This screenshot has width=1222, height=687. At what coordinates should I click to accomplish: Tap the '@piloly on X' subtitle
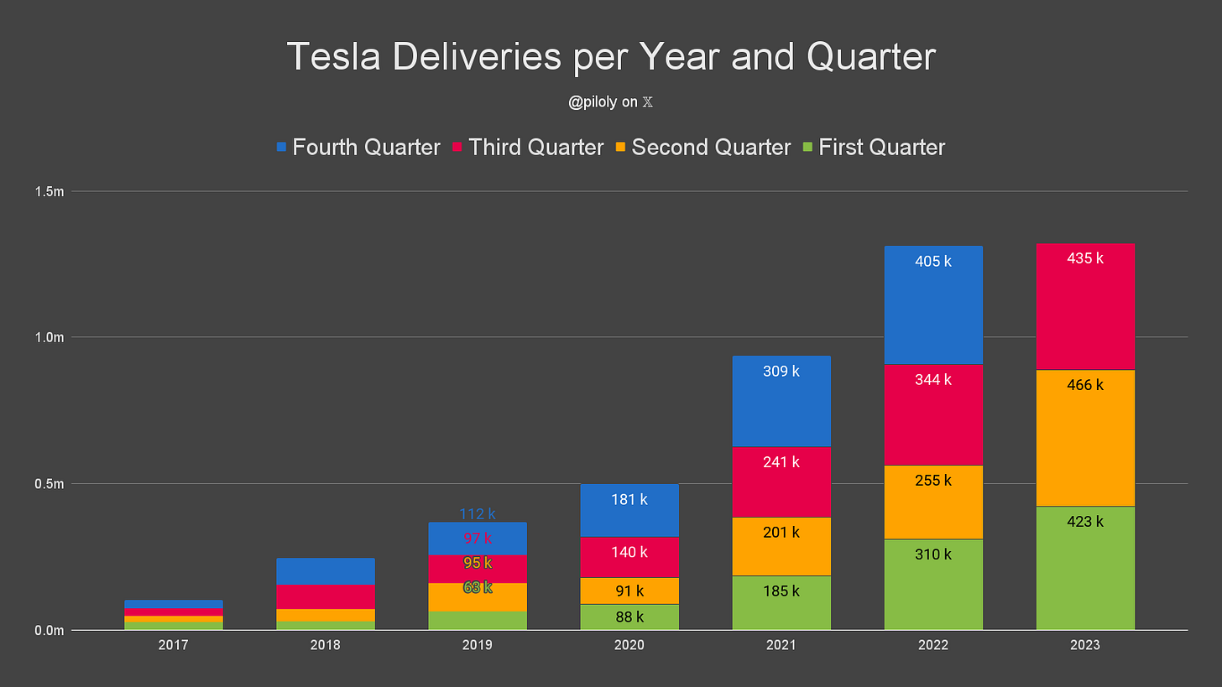[x=611, y=102]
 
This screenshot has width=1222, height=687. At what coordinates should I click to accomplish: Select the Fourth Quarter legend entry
[x=358, y=148]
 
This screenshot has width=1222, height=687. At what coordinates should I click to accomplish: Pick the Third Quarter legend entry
[x=528, y=148]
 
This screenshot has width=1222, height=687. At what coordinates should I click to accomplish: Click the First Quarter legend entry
[x=874, y=148]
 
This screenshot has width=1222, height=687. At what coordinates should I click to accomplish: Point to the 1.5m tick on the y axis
[x=49, y=192]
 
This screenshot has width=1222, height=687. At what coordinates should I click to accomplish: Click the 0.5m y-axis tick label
[x=49, y=484]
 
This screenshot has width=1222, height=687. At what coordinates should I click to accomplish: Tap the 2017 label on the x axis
[x=173, y=645]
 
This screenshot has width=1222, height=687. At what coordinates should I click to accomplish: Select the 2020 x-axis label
[x=629, y=645]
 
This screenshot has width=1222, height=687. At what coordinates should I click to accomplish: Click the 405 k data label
[x=933, y=261]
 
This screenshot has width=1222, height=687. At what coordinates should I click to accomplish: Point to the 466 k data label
[x=1085, y=386]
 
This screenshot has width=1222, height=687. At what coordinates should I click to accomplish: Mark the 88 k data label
[x=629, y=617]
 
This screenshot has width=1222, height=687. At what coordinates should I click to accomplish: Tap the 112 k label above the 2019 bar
[x=478, y=514]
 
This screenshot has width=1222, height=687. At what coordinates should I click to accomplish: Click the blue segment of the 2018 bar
[x=326, y=571]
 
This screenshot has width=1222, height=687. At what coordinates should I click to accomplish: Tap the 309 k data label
[x=781, y=371]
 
